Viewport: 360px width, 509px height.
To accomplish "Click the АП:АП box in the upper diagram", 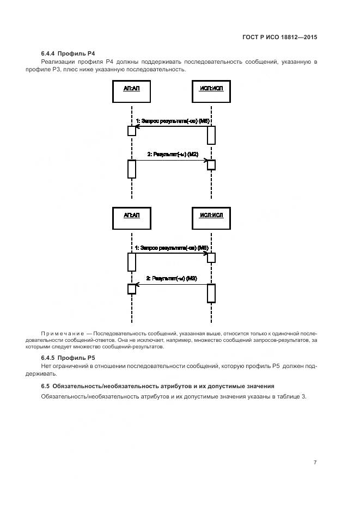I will pyautogui.click(x=131, y=91).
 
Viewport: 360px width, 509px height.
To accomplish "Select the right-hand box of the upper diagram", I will pyautogui.click(x=211, y=91).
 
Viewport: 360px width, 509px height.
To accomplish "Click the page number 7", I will pyautogui.click(x=315, y=462).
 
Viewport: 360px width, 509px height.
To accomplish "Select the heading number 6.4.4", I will pyautogui.click(x=50, y=53).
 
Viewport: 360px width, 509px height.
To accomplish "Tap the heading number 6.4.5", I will pyautogui.click(x=50, y=358).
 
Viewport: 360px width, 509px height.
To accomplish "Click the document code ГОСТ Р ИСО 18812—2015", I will pyautogui.click(x=280, y=38).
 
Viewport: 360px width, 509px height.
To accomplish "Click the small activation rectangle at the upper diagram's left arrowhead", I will pyautogui.click(x=131, y=131).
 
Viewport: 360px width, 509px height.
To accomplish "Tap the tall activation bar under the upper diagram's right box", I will pyautogui.click(x=211, y=134).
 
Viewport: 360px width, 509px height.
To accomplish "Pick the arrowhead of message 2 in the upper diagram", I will pyautogui.click(x=205, y=160).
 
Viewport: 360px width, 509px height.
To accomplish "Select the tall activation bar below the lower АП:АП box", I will pyautogui.click(x=131, y=262).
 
